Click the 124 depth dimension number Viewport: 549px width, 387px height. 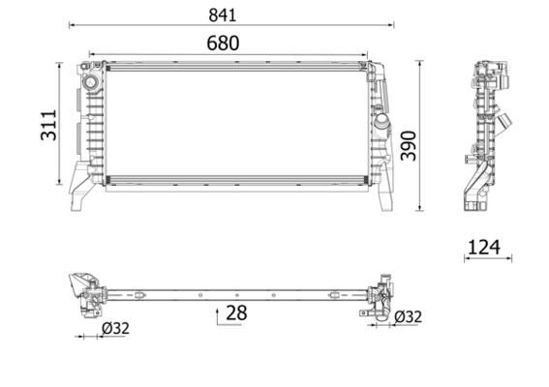tap(485, 247)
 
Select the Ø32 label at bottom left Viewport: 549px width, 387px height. tap(114, 328)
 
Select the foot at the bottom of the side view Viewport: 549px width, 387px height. tap(473, 206)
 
